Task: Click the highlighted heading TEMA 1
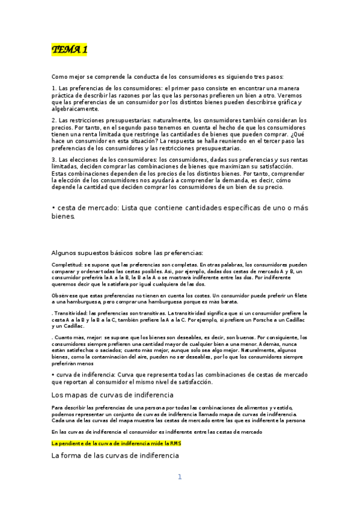pos(69,50)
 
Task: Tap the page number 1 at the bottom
pos(179,477)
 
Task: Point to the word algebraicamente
pos(75,109)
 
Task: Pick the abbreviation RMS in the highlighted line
pos(175,443)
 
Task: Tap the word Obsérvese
pos(65,296)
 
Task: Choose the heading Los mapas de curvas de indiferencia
pos(112,395)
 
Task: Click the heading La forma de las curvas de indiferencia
pos(115,456)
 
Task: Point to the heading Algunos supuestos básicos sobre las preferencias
pos(127,253)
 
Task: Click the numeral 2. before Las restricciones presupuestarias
pos(54,120)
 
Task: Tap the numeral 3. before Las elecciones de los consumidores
pos(54,159)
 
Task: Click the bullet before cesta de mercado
pos(53,207)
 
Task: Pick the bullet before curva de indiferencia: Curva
pos(53,375)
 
